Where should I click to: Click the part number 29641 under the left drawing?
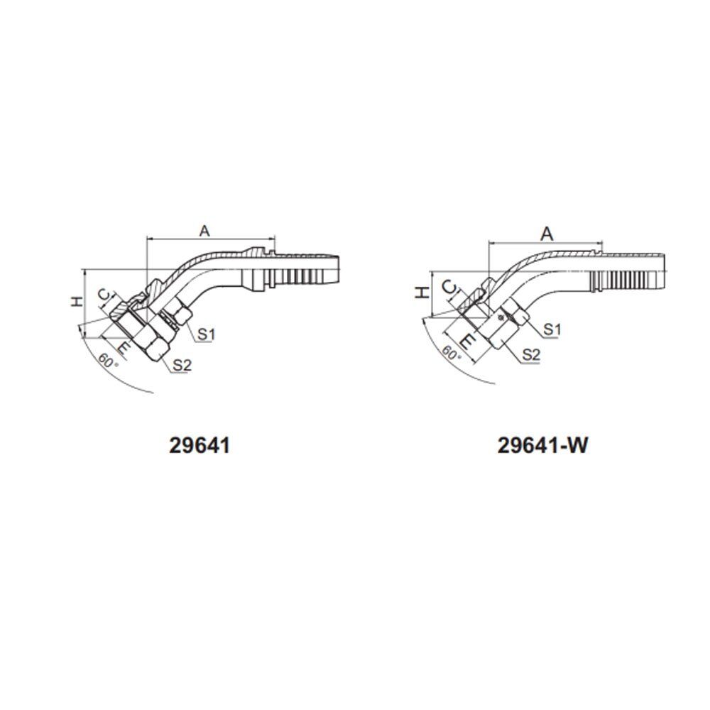point(200,446)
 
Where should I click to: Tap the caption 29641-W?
point(542,446)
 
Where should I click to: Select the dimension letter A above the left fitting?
point(205,231)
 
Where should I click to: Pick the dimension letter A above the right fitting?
point(547,234)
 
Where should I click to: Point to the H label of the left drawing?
point(77,301)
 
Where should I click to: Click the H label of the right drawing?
point(422,293)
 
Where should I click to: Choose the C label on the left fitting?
point(104,295)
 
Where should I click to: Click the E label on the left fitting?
point(123,348)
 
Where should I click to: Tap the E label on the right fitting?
point(468,341)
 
